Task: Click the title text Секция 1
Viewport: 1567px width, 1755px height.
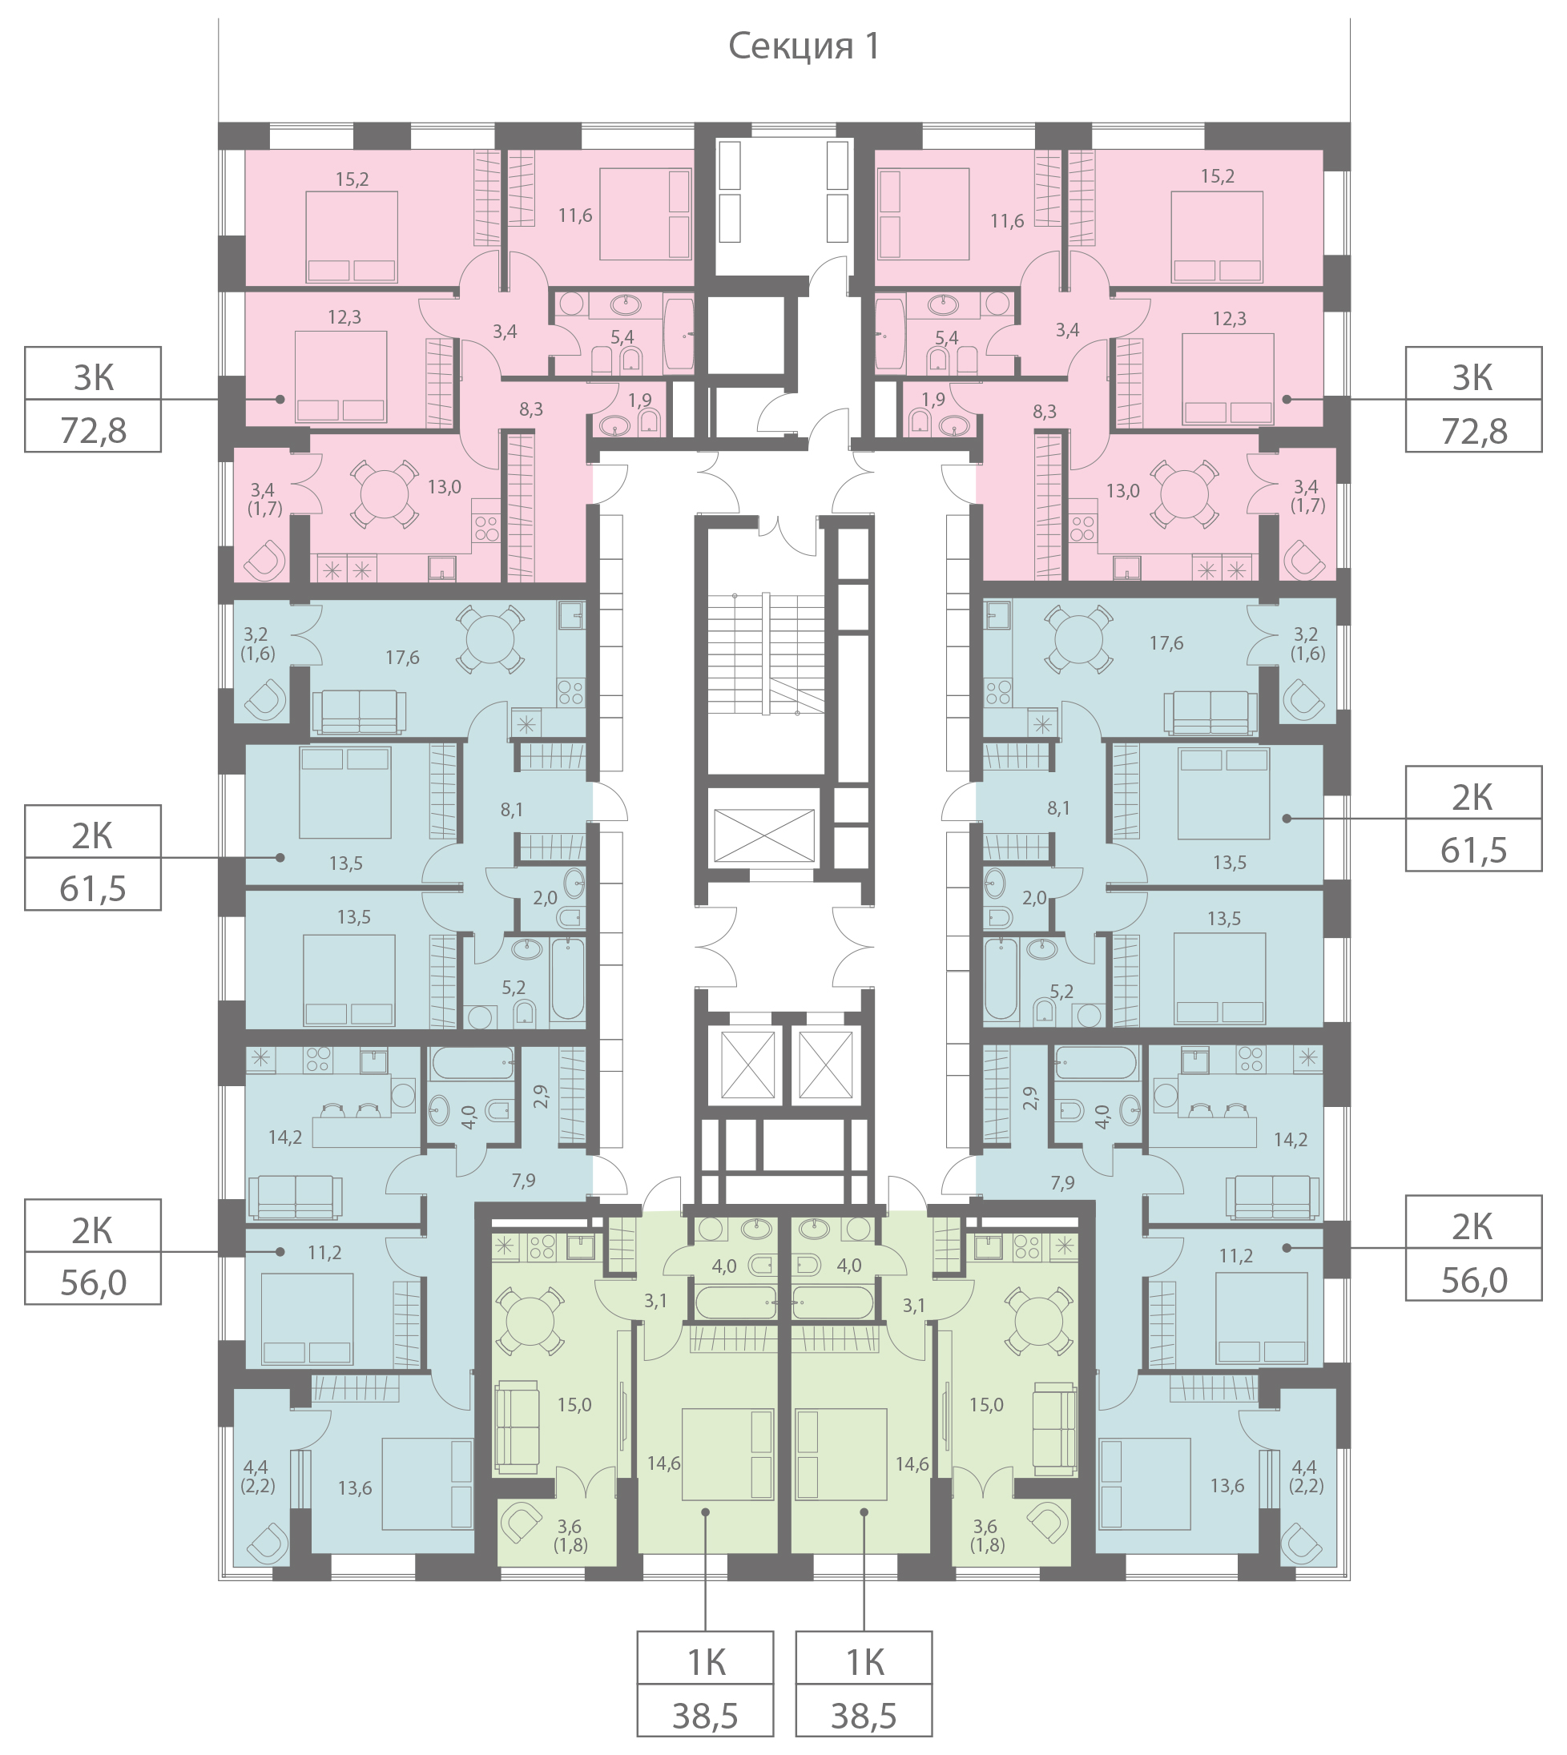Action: tap(804, 46)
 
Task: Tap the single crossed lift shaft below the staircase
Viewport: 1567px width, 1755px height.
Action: tap(764, 835)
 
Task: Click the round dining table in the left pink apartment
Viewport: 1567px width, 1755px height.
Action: tap(385, 494)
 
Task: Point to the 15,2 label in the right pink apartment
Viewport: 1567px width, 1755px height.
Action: tap(1218, 176)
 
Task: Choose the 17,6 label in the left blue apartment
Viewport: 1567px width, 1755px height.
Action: tap(402, 658)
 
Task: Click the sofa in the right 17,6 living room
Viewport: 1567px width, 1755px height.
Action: tap(1210, 714)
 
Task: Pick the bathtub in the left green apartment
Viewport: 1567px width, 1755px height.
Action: tap(736, 1303)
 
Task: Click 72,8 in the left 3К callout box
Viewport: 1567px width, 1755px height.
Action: tap(93, 430)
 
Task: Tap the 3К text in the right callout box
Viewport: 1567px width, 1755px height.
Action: tap(1473, 378)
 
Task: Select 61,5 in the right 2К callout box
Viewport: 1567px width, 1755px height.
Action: tap(1473, 851)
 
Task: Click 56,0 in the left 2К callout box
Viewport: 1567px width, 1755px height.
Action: tap(93, 1283)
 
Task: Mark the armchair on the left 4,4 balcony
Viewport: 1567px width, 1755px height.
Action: tap(266, 1544)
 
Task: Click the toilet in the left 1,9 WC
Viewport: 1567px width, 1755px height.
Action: tap(649, 421)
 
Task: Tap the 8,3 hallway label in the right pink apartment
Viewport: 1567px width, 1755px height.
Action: tap(1045, 413)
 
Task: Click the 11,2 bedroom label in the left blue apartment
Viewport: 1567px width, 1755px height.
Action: tap(324, 1254)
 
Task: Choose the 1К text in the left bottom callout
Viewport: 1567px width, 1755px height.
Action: tap(706, 1664)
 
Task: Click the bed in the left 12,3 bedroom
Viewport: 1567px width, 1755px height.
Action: tap(341, 377)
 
